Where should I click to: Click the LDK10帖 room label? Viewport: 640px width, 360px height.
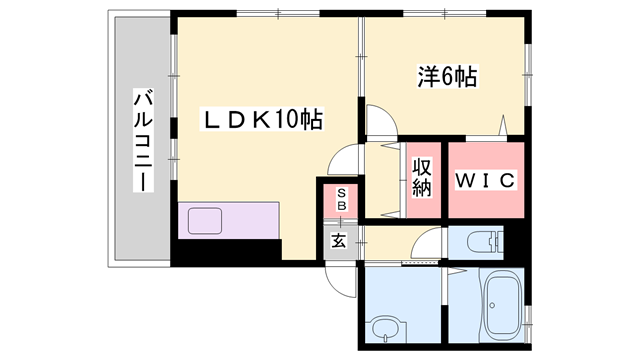(x=263, y=121)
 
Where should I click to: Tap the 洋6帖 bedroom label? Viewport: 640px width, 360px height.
(x=446, y=76)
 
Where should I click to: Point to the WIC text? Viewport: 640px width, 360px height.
(x=485, y=181)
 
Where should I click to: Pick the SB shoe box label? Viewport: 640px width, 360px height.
(x=341, y=199)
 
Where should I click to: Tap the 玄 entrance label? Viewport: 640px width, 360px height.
(x=340, y=240)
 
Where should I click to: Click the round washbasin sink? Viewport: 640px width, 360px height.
(x=381, y=326)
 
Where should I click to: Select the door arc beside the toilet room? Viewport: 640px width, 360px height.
(x=428, y=244)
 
